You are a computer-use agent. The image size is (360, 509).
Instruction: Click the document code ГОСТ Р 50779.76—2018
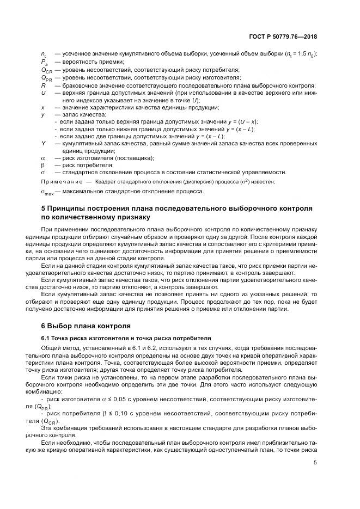tap(285, 37)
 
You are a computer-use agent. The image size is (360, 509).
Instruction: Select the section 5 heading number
tap(44, 208)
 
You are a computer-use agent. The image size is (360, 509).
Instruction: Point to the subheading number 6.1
tap(46, 338)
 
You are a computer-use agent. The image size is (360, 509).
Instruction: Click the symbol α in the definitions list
tap(43, 158)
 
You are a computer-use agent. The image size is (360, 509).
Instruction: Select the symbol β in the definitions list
tap(43, 165)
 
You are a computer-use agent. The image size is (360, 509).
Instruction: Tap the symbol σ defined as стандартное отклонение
tap(43, 172)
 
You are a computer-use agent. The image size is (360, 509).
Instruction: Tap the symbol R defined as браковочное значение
tap(43, 86)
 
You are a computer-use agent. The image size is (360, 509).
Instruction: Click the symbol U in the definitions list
tap(43, 93)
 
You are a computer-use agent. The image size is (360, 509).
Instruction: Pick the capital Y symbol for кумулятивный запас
tap(43, 144)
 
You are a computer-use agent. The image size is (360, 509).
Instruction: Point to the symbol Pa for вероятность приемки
tap(44, 63)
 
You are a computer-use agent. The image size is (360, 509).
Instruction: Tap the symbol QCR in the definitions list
tap(46, 70)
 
